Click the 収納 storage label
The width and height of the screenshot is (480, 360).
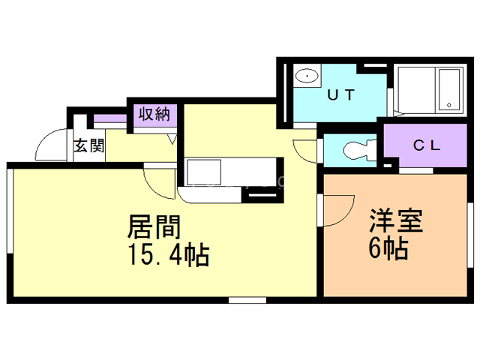pos(153,115)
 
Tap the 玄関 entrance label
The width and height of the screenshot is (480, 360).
pos(88,145)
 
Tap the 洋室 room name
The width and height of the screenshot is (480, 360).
pos(396,222)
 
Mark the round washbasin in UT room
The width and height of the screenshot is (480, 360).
pos(306,76)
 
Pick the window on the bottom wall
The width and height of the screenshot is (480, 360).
pos(247,300)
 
